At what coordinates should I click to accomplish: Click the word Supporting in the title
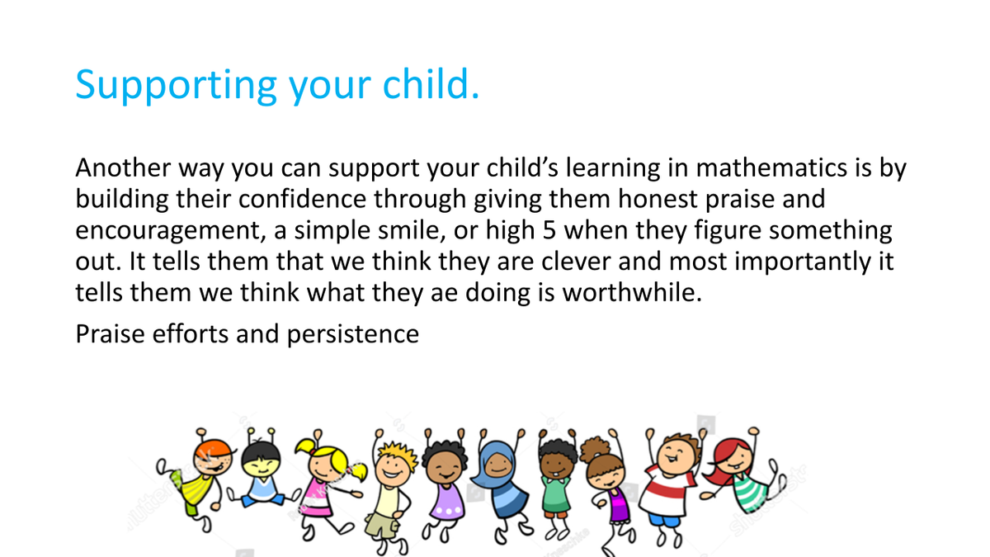tap(177, 85)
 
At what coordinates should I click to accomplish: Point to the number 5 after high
tap(549, 230)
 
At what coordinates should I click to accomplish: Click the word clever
tap(576, 262)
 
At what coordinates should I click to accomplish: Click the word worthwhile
tap(632, 292)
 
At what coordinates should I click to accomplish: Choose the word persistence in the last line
tap(353, 334)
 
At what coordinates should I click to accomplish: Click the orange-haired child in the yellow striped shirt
tap(199, 478)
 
